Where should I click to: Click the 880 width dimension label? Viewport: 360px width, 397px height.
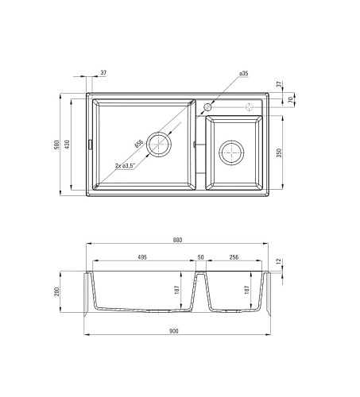click(177, 240)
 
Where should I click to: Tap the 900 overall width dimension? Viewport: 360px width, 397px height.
click(173, 331)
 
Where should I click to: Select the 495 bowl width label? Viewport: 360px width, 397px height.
click(142, 257)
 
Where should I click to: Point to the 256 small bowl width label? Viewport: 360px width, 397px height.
click(234, 257)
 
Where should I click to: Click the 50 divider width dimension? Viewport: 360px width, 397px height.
click(201, 257)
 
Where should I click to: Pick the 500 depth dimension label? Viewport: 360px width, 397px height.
click(56, 145)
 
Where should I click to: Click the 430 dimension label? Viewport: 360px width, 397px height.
click(67, 145)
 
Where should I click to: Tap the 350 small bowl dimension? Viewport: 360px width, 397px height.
click(279, 152)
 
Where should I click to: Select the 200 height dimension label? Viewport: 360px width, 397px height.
click(56, 291)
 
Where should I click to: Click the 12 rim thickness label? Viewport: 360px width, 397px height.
click(278, 261)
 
